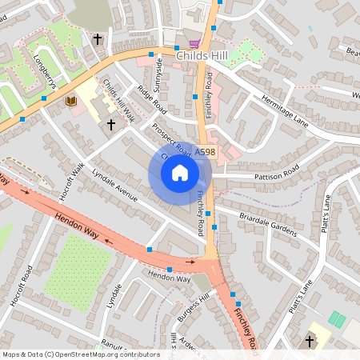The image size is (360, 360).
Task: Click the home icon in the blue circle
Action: [179, 171]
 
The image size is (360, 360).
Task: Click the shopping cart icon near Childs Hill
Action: [193, 44]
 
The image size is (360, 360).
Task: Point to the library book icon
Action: [70, 101]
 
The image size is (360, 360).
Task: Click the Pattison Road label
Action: [268, 170]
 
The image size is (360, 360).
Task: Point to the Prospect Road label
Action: [171, 140]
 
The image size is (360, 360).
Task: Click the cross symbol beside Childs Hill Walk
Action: [111, 125]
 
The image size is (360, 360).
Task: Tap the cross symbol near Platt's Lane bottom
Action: [310, 342]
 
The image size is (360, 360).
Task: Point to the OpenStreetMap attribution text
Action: [80, 354]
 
